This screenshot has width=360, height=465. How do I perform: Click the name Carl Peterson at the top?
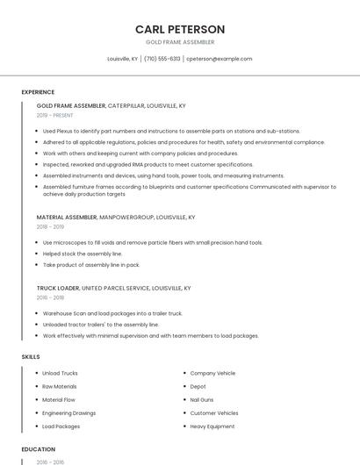click(180, 29)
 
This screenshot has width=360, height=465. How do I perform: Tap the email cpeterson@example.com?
click(219, 59)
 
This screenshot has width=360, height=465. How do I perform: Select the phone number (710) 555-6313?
click(162, 59)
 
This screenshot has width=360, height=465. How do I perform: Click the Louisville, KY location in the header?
click(122, 59)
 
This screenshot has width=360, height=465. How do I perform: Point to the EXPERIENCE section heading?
click(38, 92)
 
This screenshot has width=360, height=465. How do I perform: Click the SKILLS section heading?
click(31, 357)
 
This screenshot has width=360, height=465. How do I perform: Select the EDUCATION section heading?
click(38, 449)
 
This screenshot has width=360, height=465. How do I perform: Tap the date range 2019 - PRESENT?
click(56, 115)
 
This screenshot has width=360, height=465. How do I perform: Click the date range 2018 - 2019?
click(50, 226)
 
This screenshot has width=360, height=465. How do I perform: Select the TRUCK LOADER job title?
click(57, 288)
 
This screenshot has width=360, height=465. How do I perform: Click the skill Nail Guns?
click(202, 399)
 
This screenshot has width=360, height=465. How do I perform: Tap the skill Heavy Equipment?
click(212, 426)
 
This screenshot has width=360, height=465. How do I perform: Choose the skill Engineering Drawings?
click(69, 412)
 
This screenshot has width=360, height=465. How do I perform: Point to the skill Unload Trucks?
click(60, 373)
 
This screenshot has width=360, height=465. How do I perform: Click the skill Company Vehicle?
click(212, 373)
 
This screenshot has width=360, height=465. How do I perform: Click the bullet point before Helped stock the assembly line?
click(37, 254)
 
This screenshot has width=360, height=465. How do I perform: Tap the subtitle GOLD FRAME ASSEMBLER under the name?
click(180, 42)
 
